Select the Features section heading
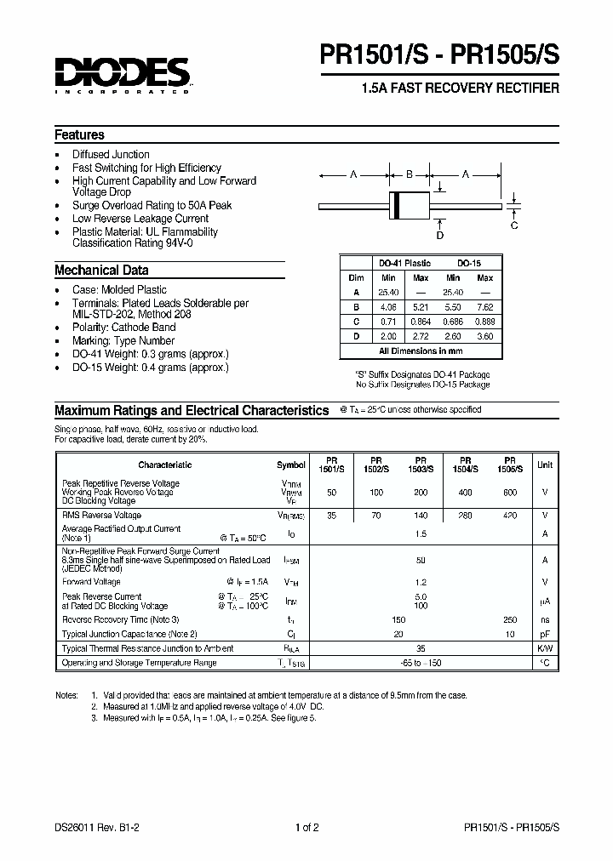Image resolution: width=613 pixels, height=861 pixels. pyautogui.click(x=79, y=135)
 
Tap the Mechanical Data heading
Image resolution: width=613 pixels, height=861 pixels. pyautogui.click(x=101, y=271)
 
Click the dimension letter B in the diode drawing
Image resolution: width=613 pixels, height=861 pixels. pyautogui.click(x=409, y=174)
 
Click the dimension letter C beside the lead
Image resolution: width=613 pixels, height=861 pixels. pyautogui.click(x=514, y=225)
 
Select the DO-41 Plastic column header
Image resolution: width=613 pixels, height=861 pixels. pyautogui.click(x=405, y=264)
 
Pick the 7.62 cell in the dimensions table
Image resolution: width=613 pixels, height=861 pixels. pyautogui.click(x=484, y=306)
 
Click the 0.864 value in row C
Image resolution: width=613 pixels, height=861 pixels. pyautogui.click(x=421, y=322)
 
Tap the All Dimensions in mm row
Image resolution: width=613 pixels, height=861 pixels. pyautogui.click(x=421, y=351)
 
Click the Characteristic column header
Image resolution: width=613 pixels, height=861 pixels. pyautogui.click(x=165, y=465)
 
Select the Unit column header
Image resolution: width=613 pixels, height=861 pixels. pyautogui.click(x=545, y=465)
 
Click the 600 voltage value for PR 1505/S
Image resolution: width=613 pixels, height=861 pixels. pyautogui.click(x=509, y=493)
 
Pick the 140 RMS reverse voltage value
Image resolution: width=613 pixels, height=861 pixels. pyautogui.click(x=421, y=516)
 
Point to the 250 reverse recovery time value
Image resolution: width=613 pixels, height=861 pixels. pyautogui.click(x=509, y=620)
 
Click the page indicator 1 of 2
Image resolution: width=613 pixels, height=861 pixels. pyautogui.click(x=306, y=828)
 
